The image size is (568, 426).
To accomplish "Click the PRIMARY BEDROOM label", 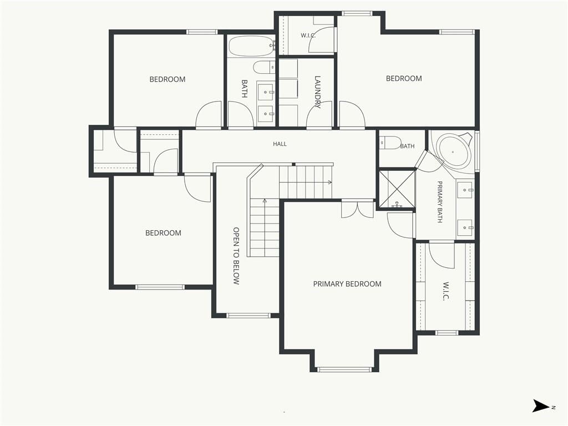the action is (347, 284).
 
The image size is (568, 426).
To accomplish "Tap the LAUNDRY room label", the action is (318, 92).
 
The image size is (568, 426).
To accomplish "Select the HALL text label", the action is (280, 144).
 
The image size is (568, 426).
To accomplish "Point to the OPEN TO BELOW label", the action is (236, 256).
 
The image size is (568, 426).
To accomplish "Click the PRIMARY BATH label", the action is (440, 202).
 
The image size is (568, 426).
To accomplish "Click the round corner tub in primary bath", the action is (453, 151).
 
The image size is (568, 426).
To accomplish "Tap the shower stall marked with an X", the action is (397, 189).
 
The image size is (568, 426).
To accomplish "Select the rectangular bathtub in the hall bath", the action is (251, 46).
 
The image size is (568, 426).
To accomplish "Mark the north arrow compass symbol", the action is (541, 405).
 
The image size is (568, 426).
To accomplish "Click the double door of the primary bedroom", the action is (357, 209).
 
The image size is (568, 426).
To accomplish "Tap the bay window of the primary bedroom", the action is (344, 369).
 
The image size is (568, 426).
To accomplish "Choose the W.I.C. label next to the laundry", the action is (308, 35).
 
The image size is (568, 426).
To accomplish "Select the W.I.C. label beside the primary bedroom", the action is (445, 291).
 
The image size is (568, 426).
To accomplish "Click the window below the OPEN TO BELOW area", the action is (248, 316).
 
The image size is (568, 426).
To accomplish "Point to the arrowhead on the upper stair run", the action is (329, 182).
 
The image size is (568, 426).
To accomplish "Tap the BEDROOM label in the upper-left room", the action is (168, 79).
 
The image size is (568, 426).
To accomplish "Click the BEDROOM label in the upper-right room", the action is (404, 79).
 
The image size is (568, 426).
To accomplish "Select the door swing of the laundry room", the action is (319, 114).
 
